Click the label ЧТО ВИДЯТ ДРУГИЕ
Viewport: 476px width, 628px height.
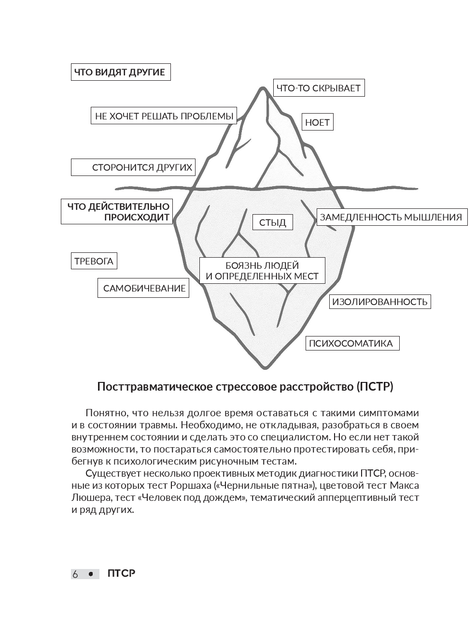[x=120, y=73]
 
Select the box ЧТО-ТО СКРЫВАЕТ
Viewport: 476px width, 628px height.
[x=318, y=88]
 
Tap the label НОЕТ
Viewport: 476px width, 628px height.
[x=318, y=122]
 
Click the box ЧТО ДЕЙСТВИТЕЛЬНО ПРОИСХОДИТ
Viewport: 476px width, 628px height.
[x=116, y=212]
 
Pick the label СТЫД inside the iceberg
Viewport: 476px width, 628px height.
[x=273, y=222]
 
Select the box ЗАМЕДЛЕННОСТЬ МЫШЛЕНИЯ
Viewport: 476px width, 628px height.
[x=391, y=217]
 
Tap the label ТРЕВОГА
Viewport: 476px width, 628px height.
[x=94, y=261]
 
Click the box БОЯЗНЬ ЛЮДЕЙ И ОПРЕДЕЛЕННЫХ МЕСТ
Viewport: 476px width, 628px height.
[x=262, y=271]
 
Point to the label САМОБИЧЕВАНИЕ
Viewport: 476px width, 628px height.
[x=144, y=288]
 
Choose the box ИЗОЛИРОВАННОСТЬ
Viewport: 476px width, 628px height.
[x=380, y=302]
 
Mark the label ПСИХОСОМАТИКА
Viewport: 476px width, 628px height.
[x=352, y=343]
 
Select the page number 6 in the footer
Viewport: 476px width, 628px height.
[x=75, y=574]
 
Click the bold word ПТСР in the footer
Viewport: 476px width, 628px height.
[x=122, y=574]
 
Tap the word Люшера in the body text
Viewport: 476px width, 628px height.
[x=89, y=497]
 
